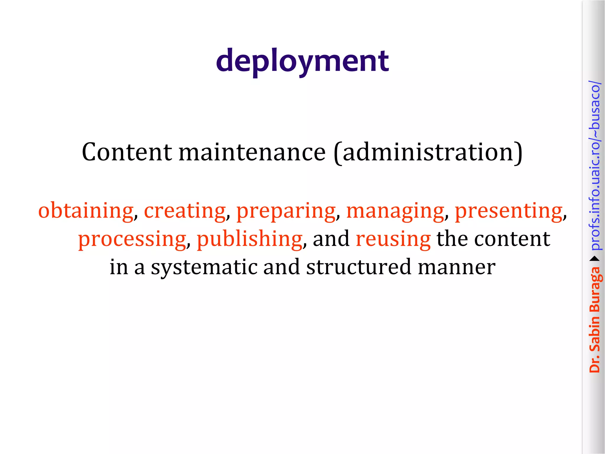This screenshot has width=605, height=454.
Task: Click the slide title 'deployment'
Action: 302,61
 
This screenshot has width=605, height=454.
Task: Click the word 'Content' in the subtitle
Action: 127,152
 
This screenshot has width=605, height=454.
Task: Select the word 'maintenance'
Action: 252,152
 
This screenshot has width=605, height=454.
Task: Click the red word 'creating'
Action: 185,210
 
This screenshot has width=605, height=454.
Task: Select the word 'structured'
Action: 359,267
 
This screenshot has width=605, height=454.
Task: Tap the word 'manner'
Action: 457,267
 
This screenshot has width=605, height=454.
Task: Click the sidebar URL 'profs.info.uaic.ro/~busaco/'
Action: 595,166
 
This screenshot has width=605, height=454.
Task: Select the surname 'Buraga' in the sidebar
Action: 595,290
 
